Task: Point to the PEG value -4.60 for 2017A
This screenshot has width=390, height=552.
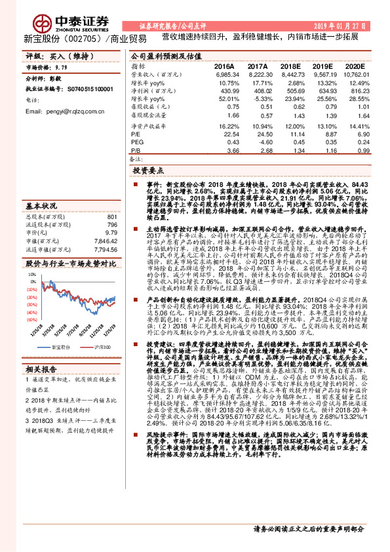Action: click(x=259, y=142)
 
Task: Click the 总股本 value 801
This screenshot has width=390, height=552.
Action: click(x=111, y=216)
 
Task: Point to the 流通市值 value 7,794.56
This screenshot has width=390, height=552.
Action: click(x=104, y=249)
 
